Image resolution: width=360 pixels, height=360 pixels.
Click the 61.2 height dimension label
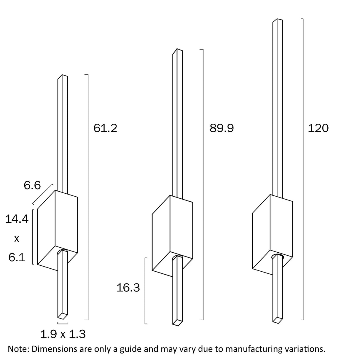click(105, 128)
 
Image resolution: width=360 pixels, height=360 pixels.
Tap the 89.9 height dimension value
click(222, 128)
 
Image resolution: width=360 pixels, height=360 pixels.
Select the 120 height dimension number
click(318, 128)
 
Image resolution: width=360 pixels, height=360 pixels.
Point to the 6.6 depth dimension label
click(32, 186)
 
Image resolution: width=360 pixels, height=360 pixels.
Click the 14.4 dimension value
click(17, 219)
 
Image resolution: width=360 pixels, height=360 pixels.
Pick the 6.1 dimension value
click(17, 257)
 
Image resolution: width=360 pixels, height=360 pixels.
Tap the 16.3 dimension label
click(128, 288)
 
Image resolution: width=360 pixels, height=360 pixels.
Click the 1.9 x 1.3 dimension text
click(63, 334)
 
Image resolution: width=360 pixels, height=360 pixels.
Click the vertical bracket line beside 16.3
click(145, 291)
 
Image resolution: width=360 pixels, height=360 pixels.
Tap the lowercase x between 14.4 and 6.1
click(17, 239)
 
